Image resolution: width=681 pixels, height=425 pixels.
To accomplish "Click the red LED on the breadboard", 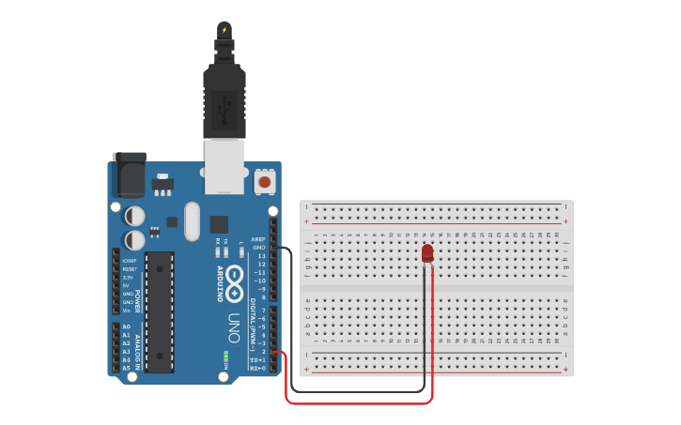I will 427,253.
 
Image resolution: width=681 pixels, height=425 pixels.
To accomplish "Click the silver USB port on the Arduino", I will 225,165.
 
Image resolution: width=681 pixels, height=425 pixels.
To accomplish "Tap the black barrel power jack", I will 129,175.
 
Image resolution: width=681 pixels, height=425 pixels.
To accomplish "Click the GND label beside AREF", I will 258,247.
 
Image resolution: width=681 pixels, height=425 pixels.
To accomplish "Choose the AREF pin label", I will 258,238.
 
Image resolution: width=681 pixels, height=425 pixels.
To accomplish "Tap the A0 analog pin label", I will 126,326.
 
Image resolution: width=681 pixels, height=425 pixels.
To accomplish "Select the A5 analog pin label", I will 126,368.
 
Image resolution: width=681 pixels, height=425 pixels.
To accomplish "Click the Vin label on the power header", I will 128,311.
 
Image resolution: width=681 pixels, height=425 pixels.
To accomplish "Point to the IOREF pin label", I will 129,261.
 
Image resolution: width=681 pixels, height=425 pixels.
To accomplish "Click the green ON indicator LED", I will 225,357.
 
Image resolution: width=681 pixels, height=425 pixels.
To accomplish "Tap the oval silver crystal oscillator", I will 193,221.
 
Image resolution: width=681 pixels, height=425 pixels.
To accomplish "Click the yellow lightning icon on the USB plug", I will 224,30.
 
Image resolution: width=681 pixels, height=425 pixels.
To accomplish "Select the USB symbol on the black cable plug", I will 224,110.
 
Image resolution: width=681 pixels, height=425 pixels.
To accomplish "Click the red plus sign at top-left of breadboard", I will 306,221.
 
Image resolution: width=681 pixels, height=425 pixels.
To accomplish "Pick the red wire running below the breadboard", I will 357,403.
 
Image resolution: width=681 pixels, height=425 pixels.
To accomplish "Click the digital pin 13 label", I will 261,255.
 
